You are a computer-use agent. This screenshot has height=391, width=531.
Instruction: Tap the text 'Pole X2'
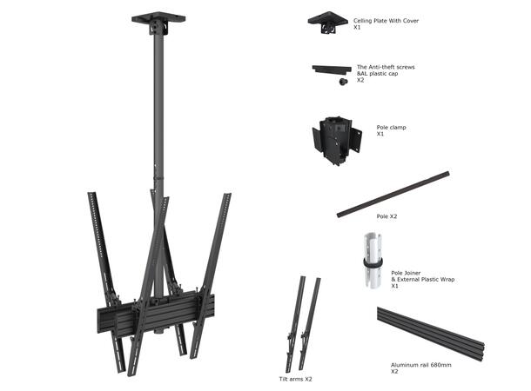tap(387, 216)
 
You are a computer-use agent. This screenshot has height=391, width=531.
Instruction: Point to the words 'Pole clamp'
tap(392, 127)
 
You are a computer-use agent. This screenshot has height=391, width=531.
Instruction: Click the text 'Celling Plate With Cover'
tap(386, 20)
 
